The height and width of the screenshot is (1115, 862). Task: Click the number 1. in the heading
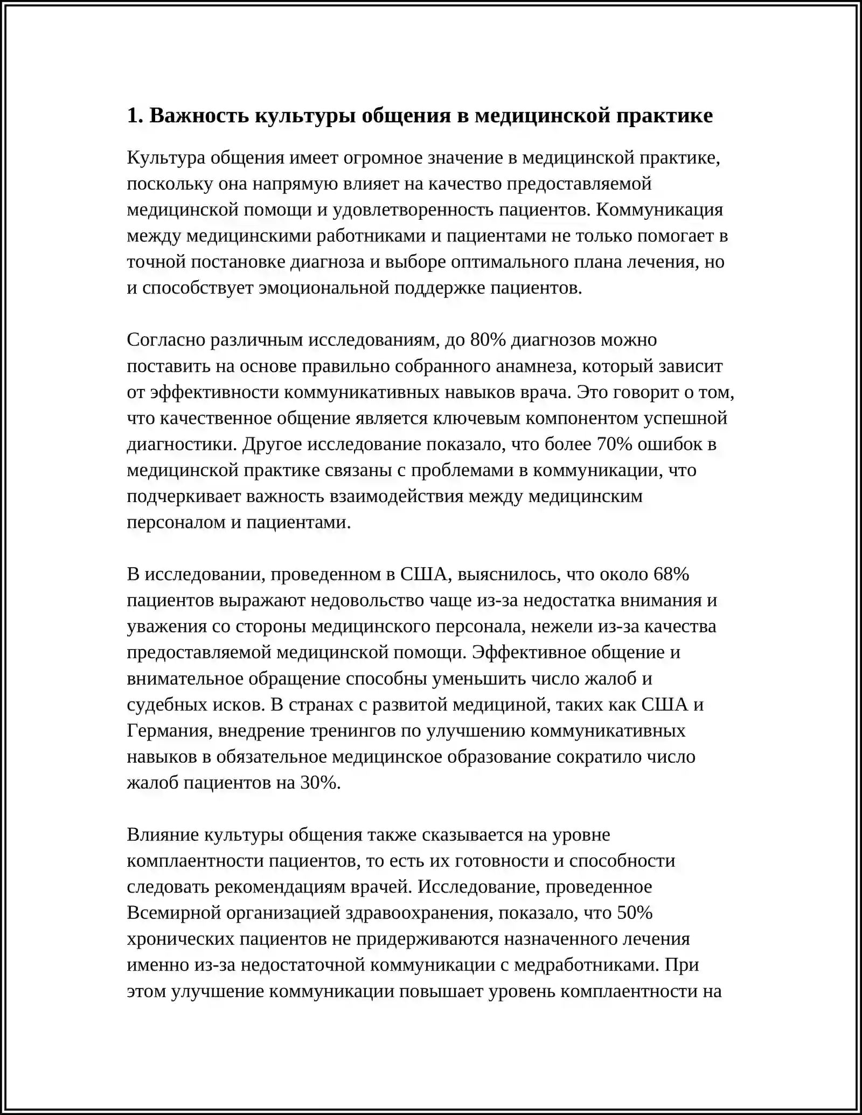coord(135,116)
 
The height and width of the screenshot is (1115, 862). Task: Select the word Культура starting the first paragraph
coord(165,158)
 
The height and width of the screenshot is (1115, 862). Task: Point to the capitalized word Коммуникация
coord(659,210)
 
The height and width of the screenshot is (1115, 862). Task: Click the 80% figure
coord(488,340)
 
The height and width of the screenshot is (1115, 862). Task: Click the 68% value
coord(671,574)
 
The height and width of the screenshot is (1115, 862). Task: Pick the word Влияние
coord(163,835)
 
